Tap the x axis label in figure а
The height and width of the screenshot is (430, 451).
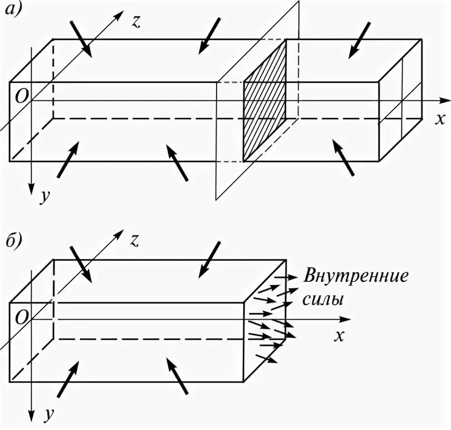(440, 119)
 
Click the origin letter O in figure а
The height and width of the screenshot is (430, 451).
(21, 96)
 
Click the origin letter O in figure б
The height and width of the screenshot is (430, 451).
(21, 316)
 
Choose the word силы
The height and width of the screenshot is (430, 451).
(323, 299)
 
